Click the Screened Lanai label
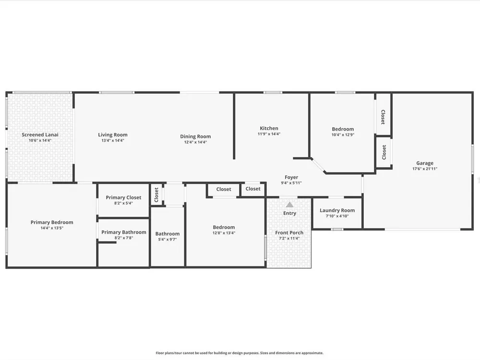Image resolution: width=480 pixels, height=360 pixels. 40,135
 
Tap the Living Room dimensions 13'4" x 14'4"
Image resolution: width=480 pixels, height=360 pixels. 113,141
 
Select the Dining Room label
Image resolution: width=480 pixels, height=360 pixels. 195,136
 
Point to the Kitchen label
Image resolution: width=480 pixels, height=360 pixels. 269,128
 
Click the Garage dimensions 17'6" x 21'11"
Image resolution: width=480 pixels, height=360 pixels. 425,168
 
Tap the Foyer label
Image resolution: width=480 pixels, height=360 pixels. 291,177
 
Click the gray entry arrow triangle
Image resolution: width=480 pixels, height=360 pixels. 289,204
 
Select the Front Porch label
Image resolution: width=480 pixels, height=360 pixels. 289,233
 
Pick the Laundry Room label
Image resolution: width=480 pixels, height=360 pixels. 337,211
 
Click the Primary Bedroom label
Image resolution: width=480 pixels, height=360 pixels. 52,223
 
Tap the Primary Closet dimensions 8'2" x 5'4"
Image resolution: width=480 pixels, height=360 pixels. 123,203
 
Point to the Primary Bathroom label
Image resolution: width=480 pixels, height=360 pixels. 124,232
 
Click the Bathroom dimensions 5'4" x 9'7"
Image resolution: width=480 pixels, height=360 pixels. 167,240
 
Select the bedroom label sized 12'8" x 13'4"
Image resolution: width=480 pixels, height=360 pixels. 224,227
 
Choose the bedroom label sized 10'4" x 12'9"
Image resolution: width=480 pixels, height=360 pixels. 343,129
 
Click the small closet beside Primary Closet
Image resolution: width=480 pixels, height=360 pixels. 156,195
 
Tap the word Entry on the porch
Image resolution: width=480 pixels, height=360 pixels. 289,214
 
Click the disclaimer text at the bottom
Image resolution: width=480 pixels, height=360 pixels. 240,353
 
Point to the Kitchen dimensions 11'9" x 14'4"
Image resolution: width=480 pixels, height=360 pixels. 269,134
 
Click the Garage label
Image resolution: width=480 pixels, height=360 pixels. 425,163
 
